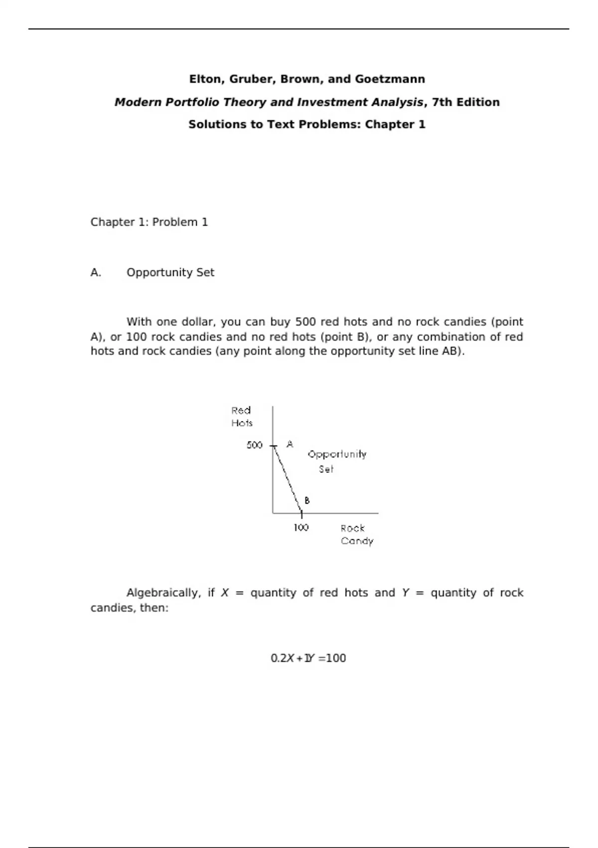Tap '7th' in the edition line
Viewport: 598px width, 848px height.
click(442, 102)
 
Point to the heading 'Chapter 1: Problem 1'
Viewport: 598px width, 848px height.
click(149, 222)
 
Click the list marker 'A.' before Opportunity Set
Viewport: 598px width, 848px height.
click(96, 273)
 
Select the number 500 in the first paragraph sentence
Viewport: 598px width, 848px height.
click(305, 322)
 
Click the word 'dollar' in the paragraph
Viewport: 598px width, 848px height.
click(197, 322)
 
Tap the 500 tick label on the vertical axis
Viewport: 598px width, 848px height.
click(254, 445)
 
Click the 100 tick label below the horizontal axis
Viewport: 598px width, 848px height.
click(301, 528)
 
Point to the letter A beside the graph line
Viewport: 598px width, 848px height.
click(290, 444)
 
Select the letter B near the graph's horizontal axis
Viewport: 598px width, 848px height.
click(307, 500)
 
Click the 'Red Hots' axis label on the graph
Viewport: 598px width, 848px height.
click(242, 417)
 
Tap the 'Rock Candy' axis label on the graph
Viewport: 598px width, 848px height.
click(356, 534)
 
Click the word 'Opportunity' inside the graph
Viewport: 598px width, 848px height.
click(337, 454)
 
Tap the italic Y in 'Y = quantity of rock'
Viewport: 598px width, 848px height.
click(405, 593)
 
